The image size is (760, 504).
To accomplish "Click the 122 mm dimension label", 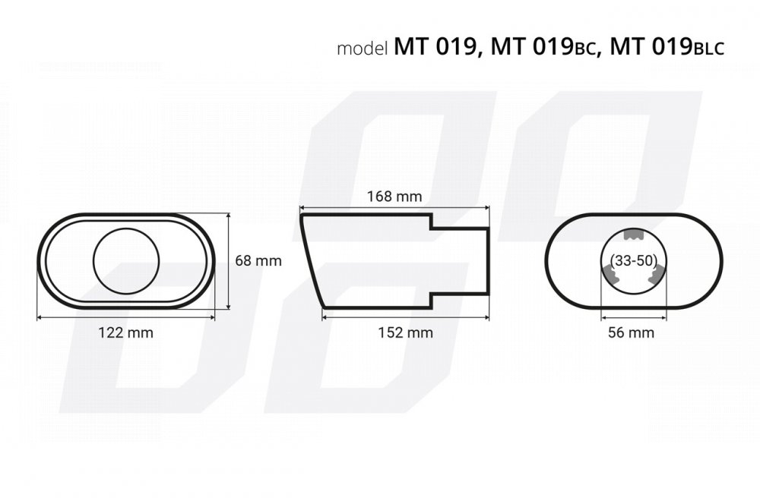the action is (x=125, y=332).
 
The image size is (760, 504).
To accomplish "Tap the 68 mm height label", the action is (x=258, y=261).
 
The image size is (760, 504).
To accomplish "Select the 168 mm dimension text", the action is (x=394, y=197).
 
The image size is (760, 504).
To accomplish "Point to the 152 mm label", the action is (x=405, y=332).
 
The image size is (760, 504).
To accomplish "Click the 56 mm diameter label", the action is (x=631, y=332).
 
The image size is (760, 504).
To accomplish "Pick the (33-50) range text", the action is (x=634, y=261).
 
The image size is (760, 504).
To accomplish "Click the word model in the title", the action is (x=363, y=49).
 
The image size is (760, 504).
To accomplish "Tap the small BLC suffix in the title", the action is (x=709, y=49).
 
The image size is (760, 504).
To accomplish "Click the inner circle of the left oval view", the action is (x=126, y=229).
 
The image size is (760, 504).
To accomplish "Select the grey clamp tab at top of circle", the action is (x=632, y=235).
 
